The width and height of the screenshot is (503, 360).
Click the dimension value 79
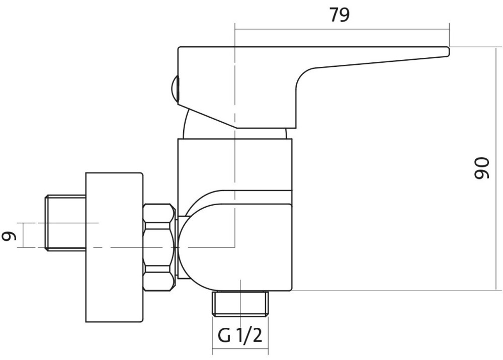coord(339,15)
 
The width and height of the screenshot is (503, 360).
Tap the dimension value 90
coord(481,168)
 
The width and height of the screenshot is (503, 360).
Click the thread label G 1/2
coord(240,336)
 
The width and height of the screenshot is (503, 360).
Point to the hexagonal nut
coord(159,247)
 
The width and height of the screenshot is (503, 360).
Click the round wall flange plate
coord(114,247)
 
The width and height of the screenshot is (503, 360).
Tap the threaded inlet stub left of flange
coord(65,223)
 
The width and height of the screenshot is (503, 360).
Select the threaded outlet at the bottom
coord(240,304)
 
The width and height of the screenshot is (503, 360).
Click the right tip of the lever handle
coord(449,52)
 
